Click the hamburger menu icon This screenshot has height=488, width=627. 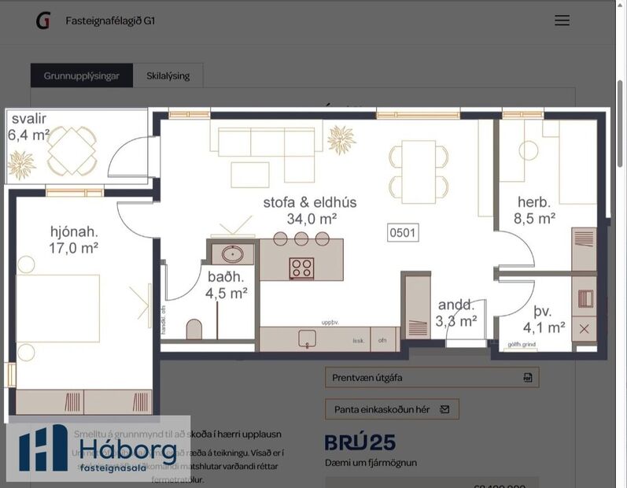click(x=562, y=20)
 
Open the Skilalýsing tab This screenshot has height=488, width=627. click(x=168, y=76)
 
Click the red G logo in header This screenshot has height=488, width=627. click(x=42, y=20)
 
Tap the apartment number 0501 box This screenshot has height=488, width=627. click(x=403, y=232)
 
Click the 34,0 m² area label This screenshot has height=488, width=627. click(x=312, y=219)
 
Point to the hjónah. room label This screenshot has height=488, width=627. click(x=74, y=231)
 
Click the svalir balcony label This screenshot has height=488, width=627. click(x=28, y=119)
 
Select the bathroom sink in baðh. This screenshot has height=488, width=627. click(x=232, y=254)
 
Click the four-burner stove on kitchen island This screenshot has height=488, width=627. click(x=301, y=268)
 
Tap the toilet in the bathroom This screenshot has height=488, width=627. click(x=194, y=329)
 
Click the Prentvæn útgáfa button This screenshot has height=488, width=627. click(x=432, y=377)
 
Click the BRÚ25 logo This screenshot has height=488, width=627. click(x=360, y=442)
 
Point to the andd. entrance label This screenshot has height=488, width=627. click(x=456, y=305)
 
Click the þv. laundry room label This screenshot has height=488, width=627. click(x=543, y=310)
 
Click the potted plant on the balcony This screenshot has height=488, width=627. click(x=21, y=165)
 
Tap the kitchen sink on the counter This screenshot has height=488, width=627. click(x=307, y=338)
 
